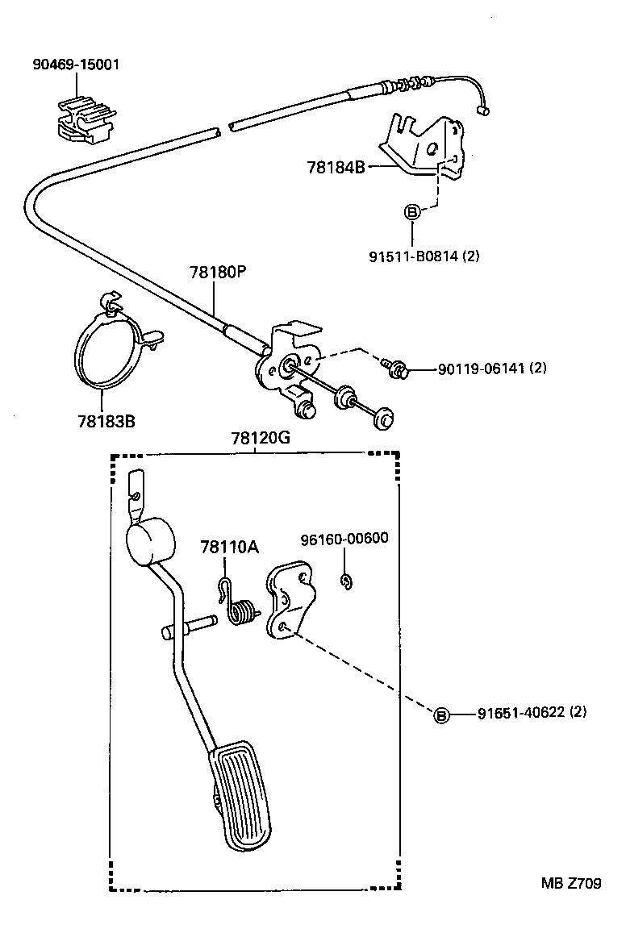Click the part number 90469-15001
[75, 65]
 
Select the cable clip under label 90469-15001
[84, 119]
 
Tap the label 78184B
[336, 167]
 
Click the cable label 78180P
[218, 272]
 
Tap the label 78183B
[106, 421]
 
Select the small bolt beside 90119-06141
[394, 368]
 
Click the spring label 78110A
[229, 547]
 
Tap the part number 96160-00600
[344, 539]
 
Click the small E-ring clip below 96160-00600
[346, 581]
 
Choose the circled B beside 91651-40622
[441, 716]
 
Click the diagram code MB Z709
[571, 883]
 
